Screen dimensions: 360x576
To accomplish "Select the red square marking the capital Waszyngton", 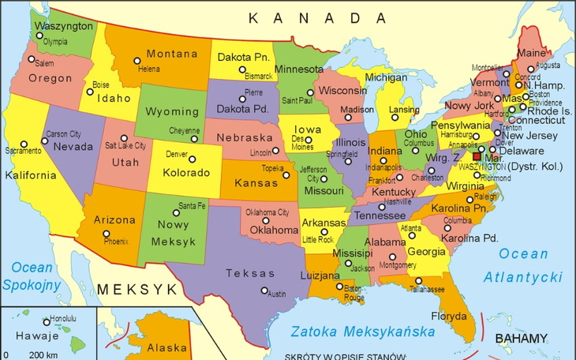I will pos(477,156).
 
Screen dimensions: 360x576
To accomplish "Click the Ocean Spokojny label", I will pos(28,276).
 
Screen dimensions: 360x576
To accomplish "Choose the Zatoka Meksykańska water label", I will pos(363,330).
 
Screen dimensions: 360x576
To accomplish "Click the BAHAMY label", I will pos(521,339).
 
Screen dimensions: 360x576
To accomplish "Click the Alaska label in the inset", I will pos(167,347).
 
